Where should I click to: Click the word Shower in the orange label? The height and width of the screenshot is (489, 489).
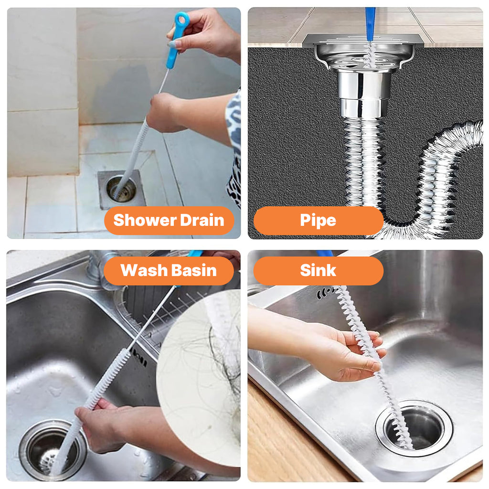pyautogui.click(x=145, y=220)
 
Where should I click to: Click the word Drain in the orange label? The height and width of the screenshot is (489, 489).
pyautogui.click(x=202, y=220)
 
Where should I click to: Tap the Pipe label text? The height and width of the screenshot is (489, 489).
pyautogui.click(x=318, y=221)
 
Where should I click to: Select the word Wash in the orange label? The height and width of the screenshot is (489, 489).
pyautogui.click(x=144, y=270)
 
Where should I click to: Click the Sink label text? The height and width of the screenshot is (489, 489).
pyautogui.click(x=318, y=270)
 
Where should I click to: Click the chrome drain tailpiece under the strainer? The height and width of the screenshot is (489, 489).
pyautogui.click(x=363, y=94)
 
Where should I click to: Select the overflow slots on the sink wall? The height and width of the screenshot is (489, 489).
pyautogui.click(x=326, y=293)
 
